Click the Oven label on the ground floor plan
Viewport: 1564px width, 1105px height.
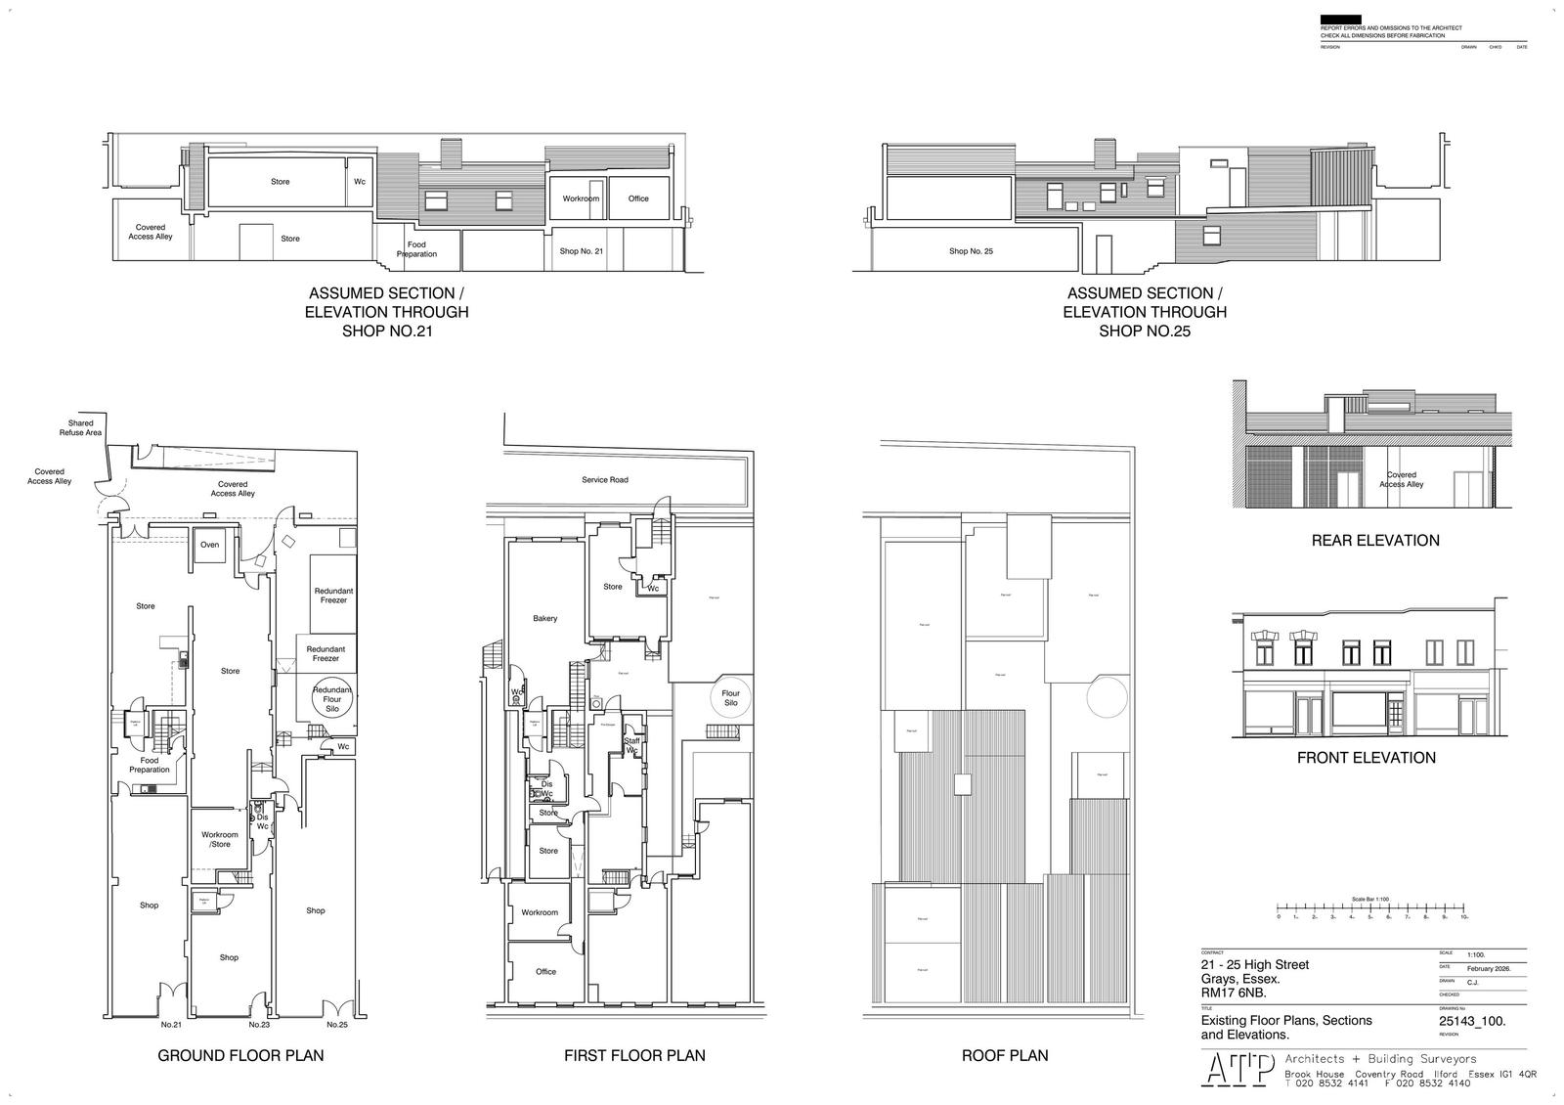(x=209, y=545)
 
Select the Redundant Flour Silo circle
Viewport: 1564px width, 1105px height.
(x=332, y=698)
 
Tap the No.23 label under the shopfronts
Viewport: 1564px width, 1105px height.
(x=258, y=1025)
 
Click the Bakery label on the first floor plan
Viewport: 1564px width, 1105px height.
(x=545, y=618)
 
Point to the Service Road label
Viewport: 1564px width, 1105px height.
(x=605, y=480)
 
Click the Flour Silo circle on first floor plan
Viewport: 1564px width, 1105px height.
(x=730, y=698)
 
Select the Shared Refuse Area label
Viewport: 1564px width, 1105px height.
(x=81, y=428)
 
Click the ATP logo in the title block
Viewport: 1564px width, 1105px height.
(x=1238, y=1069)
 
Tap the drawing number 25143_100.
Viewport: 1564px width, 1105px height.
(x=1472, y=1021)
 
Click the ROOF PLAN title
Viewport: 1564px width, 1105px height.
(x=1005, y=1055)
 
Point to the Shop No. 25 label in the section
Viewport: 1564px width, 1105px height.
(x=971, y=251)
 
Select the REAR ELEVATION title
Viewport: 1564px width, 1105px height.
(x=1375, y=540)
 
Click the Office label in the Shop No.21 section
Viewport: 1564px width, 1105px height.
(x=638, y=199)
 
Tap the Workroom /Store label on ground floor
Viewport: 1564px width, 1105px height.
(x=220, y=839)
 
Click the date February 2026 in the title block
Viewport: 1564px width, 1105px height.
(x=1489, y=968)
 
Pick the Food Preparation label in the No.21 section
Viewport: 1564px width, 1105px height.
(x=416, y=249)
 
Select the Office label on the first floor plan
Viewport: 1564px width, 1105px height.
(x=545, y=971)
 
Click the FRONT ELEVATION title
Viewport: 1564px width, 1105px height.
(x=1367, y=757)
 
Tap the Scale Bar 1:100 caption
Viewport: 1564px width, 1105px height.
(x=1370, y=899)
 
